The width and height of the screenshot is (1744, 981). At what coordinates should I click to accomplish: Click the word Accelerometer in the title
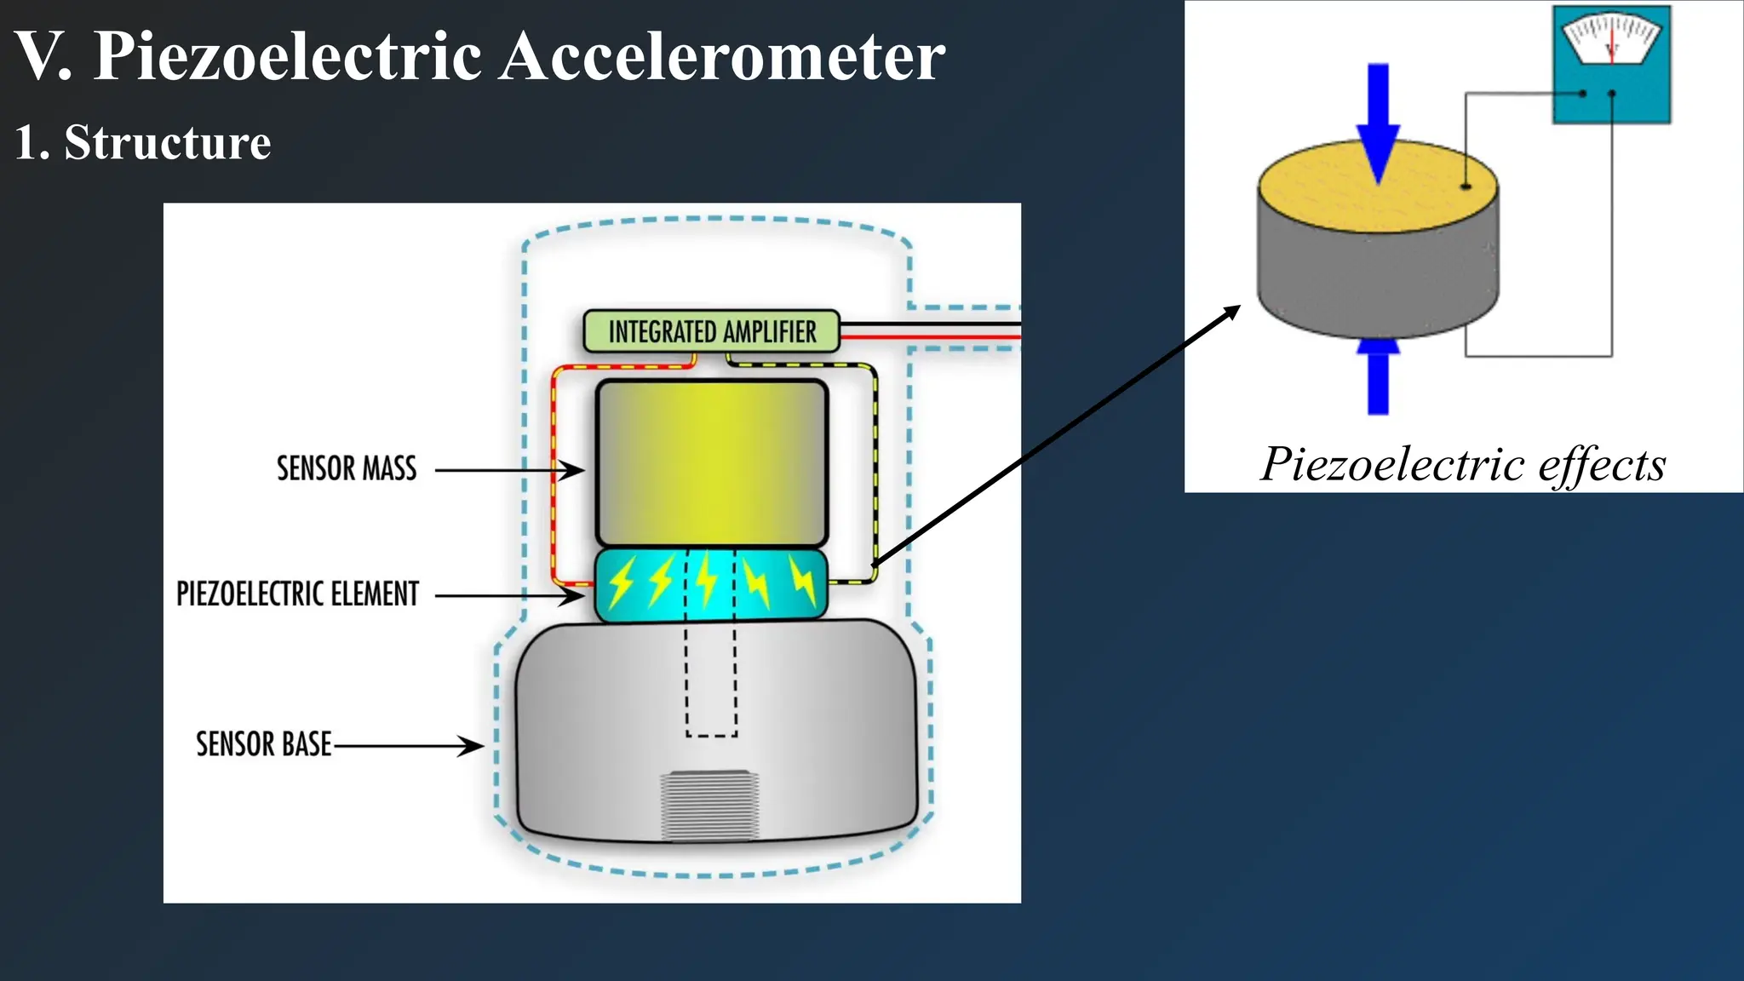(x=722, y=56)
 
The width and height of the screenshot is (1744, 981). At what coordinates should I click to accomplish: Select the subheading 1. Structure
(x=143, y=142)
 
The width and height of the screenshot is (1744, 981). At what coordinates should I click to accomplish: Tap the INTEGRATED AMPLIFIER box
(x=711, y=331)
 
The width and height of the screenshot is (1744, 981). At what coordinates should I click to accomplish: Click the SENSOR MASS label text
(x=347, y=468)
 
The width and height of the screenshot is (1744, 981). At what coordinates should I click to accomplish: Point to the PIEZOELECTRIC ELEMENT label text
(x=297, y=594)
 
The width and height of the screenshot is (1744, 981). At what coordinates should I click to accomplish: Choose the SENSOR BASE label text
(x=263, y=744)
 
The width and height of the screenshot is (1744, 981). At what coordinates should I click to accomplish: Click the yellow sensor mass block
(x=712, y=462)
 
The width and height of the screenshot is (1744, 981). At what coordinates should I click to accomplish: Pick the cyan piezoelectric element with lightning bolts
(x=711, y=585)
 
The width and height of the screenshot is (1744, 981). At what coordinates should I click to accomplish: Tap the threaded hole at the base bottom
(x=709, y=805)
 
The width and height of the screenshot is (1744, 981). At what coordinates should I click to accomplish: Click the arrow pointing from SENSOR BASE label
(x=409, y=746)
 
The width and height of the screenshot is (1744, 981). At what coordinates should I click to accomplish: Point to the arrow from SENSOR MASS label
(x=509, y=469)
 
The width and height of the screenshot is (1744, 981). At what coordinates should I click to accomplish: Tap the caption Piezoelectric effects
(x=1463, y=465)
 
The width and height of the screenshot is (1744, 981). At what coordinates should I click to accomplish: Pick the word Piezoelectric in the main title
(x=288, y=56)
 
